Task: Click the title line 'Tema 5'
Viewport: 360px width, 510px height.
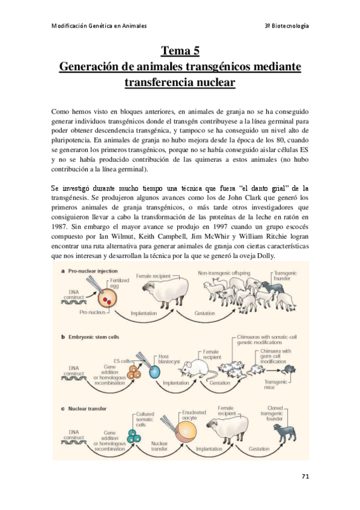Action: pyautogui.click(x=180, y=50)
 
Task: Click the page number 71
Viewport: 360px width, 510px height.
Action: pyautogui.click(x=305, y=476)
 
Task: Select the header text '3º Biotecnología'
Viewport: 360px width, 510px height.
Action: pyautogui.click(x=287, y=25)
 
